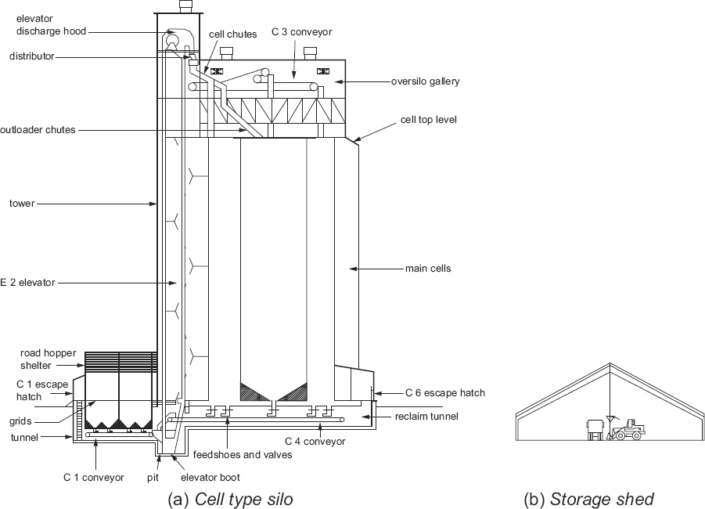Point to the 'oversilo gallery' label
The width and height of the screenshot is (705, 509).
(426, 81)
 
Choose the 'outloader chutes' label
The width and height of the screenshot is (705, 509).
(38, 130)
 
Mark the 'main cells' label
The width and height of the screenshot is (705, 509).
(428, 269)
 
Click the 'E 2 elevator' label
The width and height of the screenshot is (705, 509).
(27, 283)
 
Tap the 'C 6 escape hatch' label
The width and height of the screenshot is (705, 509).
(444, 392)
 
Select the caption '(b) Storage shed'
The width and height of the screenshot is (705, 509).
(588, 499)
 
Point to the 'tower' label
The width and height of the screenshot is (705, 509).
(22, 204)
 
